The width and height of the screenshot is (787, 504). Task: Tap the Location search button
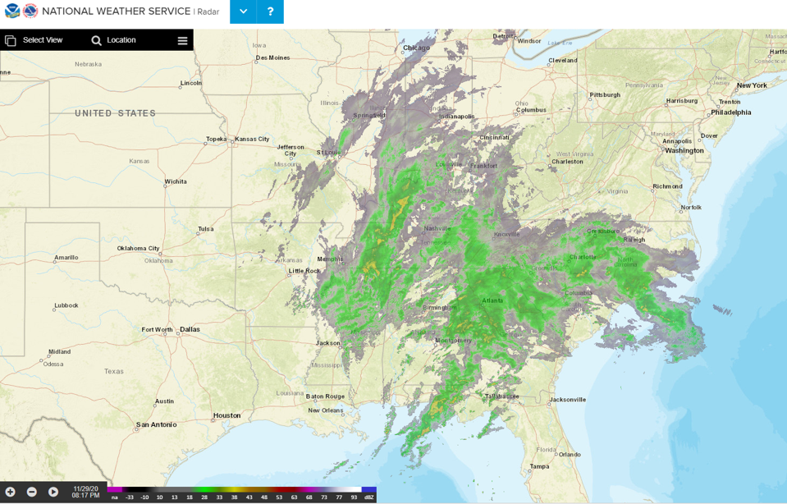pos(113,40)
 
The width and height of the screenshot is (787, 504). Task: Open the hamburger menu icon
pos(182,40)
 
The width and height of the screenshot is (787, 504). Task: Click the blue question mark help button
pos(270,11)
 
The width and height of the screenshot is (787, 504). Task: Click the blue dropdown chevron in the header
pos(243,11)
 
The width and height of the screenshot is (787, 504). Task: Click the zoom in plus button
pos(11,492)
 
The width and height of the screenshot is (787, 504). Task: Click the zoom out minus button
pos(32,492)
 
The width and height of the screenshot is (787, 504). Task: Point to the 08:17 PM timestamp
pos(85,496)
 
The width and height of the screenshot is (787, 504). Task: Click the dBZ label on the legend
pos(369,497)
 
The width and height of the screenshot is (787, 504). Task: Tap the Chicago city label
pos(416,48)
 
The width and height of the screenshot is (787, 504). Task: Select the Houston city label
pos(226,415)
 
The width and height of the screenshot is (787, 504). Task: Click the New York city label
pos(752,85)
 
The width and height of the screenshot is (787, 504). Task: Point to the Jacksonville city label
pos(568,400)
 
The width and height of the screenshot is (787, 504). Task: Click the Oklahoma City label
pos(138,249)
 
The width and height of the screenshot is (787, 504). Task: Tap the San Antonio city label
pos(156,424)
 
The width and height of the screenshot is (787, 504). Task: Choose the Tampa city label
pos(539,466)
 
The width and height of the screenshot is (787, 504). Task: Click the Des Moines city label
pos(272,57)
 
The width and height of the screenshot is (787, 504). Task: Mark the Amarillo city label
pos(66,258)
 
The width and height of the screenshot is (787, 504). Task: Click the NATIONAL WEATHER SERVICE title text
pos(116,11)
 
